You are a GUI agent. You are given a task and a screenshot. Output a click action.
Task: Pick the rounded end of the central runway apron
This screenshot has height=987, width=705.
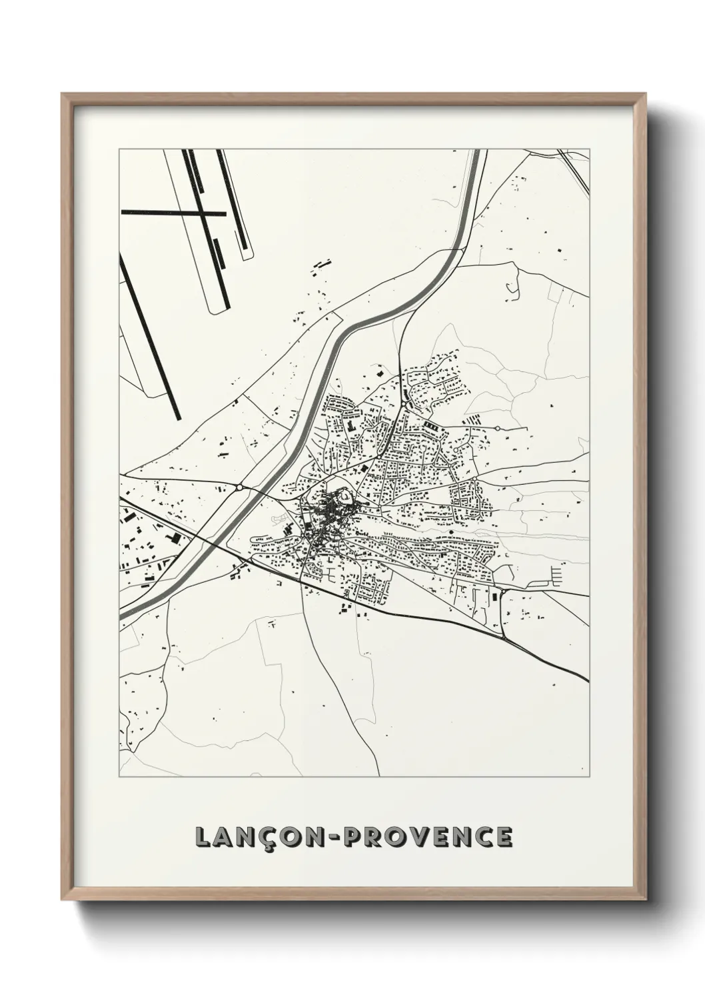coord(220,308)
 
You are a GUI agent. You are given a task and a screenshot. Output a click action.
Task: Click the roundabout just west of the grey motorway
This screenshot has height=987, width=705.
coord(239,488)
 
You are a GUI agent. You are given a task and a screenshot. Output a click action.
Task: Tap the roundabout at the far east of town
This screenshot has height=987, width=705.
coord(497,427)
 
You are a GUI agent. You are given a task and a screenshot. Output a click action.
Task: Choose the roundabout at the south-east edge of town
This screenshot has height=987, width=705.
coord(504,591)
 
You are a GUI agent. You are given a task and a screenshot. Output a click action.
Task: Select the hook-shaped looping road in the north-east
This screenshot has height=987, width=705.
coord(512,285)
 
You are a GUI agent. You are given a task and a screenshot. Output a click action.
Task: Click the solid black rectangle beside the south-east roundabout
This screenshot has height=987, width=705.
coord(496,596)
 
